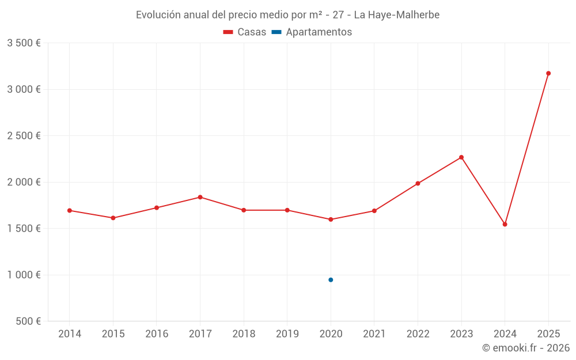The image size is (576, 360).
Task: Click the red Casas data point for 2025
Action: (548, 73)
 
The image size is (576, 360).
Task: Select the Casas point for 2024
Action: (505, 224)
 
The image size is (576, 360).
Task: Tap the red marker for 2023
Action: (461, 157)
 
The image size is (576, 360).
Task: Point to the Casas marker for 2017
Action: (200, 197)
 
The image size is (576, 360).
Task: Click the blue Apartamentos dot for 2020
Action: (331, 280)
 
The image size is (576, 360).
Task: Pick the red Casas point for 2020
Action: (331, 219)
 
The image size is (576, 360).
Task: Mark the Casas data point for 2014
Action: (70, 210)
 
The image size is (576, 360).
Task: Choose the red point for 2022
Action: (418, 184)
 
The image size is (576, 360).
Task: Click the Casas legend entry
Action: (245, 32)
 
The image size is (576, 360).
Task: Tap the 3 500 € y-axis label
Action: (24, 43)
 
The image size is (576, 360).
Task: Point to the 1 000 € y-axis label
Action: (24, 275)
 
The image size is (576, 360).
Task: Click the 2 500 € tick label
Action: (24, 136)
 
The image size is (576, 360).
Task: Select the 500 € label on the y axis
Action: (27, 321)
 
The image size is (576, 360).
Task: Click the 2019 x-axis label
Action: (287, 334)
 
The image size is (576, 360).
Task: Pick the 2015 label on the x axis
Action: (113, 334)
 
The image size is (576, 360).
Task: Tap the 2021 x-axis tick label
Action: (374, 334)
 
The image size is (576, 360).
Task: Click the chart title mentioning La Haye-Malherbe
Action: (287, 15)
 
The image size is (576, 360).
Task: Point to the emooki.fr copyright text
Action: (525, 348)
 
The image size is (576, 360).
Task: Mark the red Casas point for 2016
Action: (157, 207)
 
